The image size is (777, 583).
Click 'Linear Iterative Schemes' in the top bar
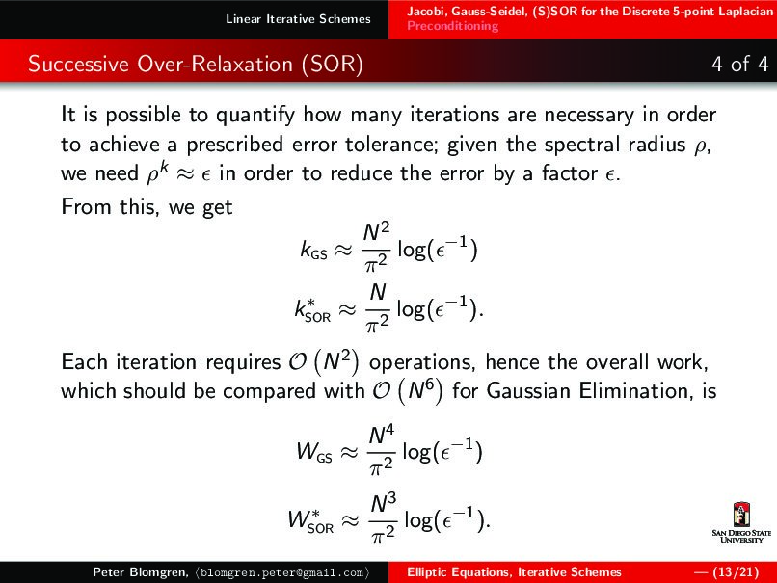click(x=298, y=19)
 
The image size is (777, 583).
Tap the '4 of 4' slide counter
click(x=738, y=65)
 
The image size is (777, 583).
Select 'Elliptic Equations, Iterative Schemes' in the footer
click(x=514, y=572)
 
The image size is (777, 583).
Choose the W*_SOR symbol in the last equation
click(x=310, y=522)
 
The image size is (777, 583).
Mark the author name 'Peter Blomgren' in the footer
click(x=137, y=572)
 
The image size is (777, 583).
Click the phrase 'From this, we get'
click(x=147, y=207)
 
